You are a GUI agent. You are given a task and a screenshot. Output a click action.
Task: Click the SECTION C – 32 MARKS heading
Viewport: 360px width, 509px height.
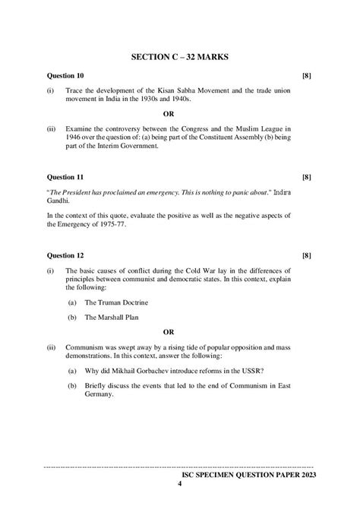coord(180,57)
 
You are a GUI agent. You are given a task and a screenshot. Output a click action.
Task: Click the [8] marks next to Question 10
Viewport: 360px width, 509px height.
coord(306,76)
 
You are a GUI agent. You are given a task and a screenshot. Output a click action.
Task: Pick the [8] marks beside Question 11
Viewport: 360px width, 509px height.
coord(306,176)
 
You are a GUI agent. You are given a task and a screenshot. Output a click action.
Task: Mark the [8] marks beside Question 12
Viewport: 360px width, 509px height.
coord(306,255)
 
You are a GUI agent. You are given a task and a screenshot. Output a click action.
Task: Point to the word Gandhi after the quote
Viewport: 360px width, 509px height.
coord(58,204)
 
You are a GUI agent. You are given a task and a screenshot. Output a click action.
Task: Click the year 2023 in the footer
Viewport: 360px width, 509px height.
coord(302,473)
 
